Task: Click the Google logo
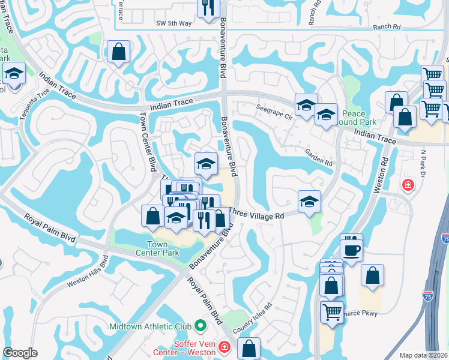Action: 20,353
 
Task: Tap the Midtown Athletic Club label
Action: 150,327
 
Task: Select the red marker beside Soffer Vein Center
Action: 224,347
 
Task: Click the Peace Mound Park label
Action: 358,118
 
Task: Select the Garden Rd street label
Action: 319,158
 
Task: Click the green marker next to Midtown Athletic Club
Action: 200,327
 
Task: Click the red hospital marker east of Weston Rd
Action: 409,184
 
